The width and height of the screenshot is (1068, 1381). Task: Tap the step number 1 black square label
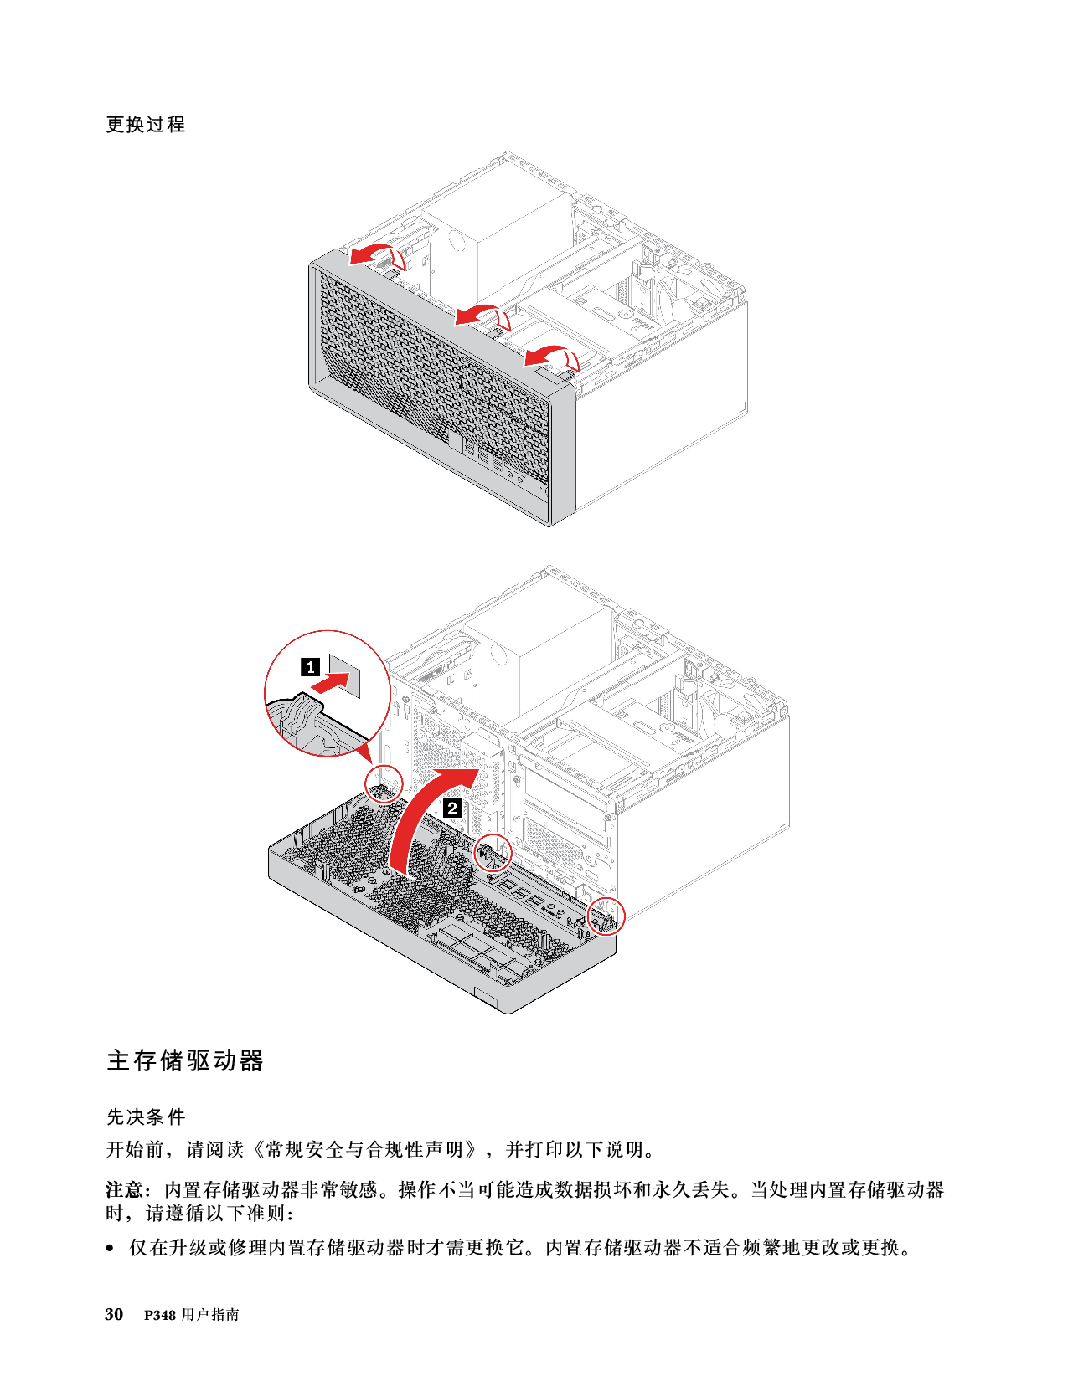pyautogui.click(x=310, y=667)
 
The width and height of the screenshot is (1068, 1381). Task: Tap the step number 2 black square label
pyautogui.click(x=451, y=809)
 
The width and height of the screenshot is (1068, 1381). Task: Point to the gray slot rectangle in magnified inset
pyautogui.click(x=347, y=672)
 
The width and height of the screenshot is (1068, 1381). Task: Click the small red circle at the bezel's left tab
pyautogui.click(x=385, y=782)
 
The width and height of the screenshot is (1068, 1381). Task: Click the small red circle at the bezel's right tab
pyautogui.click(x=607, y=915)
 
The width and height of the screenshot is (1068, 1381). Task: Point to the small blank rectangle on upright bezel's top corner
pyautogui.click(x=555, y=379)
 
